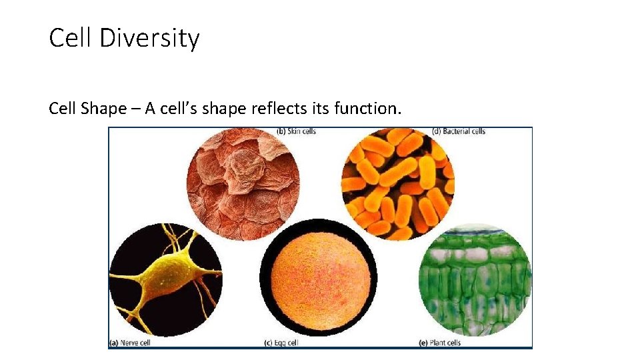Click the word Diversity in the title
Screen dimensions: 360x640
(149, 39)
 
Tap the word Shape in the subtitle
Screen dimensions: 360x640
(103, 109)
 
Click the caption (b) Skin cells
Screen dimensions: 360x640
(296, 131)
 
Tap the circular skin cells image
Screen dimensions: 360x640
(243, 184)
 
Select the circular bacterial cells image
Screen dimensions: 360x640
(397, 184)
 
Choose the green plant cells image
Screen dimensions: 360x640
(475, 280)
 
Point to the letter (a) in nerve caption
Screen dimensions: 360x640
(113, 343)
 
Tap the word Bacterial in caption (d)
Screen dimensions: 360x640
(457, 131)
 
